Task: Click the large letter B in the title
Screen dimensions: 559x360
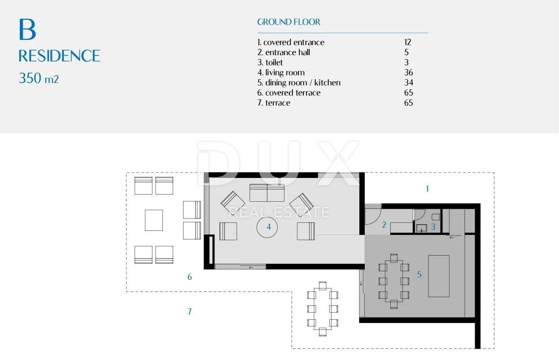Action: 27,30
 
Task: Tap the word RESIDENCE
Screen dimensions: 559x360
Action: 59,56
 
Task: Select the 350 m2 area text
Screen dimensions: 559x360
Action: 39,78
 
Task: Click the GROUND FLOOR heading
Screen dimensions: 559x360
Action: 289,22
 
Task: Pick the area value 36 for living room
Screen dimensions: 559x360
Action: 409,72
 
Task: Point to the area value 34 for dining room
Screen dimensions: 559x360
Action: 409,82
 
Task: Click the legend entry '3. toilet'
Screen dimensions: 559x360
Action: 270,62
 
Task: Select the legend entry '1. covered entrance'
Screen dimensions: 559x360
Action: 291,43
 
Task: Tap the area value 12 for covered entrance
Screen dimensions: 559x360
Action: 407,42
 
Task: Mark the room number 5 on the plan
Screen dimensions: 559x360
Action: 419,274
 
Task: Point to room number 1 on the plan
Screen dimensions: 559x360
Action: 428,189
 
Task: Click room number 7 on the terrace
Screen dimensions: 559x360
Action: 190,312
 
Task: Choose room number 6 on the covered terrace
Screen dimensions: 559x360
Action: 190,277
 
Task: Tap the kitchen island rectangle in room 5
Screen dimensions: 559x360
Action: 439,276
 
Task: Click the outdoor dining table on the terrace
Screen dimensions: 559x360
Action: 323,309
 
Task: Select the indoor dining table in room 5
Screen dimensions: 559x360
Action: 394,281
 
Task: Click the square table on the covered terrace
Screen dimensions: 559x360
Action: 154,220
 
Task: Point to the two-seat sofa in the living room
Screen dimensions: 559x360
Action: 267,193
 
